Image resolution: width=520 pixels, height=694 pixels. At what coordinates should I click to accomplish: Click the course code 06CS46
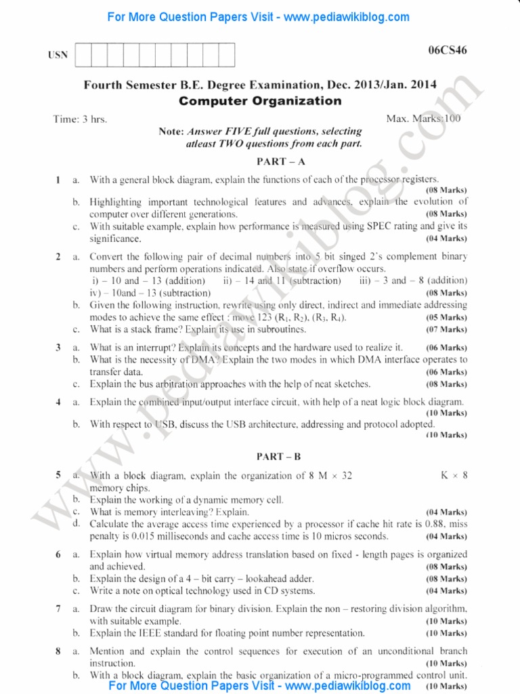(448, 50)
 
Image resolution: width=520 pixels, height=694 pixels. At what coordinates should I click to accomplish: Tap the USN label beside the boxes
(58, 56)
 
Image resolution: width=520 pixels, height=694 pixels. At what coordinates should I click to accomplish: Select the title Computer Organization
(260, 101)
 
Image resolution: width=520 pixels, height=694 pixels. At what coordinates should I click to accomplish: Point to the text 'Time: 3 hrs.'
(80, 119)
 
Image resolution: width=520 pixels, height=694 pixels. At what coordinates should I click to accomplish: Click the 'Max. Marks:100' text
(423, 119)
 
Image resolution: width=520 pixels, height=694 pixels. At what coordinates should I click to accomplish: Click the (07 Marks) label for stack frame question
(446, 329)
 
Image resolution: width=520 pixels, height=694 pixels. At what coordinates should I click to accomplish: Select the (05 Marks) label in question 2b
(446, 317)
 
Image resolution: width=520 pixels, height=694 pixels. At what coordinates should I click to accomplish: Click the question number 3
(58, 347)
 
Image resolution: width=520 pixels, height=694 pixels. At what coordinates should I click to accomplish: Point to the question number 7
(58, 608)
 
